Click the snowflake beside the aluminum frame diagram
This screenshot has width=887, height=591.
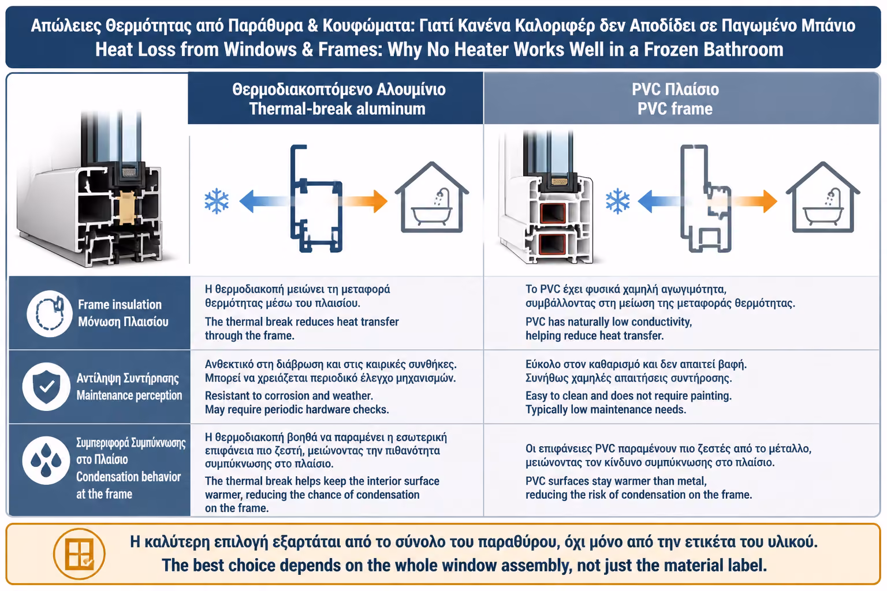coord(217,201)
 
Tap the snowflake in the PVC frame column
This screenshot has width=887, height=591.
coord(617,201)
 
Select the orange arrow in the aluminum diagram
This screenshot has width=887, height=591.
coord(364,201)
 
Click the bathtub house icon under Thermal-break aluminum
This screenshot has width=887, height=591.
coord(431,197)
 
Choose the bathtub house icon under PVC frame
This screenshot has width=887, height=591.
coord(823,197)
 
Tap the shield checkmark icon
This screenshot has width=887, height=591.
coord(47,387)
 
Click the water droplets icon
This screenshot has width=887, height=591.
coord(46,461)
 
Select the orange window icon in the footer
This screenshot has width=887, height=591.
coord(79,554)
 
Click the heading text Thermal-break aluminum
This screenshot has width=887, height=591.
coord(337,109)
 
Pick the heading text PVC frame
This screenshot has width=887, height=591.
coord(675,109)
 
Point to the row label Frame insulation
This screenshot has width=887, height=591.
coord(120,304)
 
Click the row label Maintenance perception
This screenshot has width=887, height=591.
coord(129,395)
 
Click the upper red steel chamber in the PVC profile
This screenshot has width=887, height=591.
coord(553,214)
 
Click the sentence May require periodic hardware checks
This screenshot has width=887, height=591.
coord(297,409)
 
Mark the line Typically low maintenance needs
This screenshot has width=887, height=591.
coord(606,409)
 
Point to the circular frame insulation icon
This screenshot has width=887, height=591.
coord(50,313)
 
